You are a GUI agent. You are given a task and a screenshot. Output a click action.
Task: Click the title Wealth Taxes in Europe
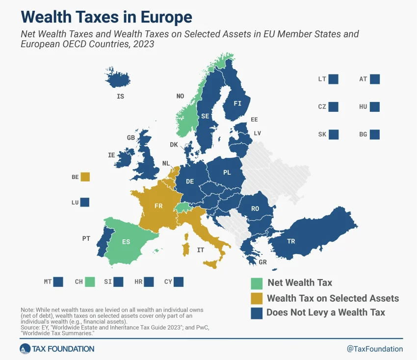pyautogui.click(x=106, y=17)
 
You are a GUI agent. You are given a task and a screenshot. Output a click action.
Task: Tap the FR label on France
pyautogui.click(x=158, y=206)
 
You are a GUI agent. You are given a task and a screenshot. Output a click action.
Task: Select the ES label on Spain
pyautogui.click(x=126, y=242)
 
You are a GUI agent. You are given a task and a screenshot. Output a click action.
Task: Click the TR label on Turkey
pyautogui.click(x=291, y=241)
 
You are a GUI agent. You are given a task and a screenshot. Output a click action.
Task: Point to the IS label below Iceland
pyautogui.click(x=120, y=97)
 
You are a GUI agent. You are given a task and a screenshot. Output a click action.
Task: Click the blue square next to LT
pyautogui.click(x=334, y=79)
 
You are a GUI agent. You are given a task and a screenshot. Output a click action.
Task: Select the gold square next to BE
pyautogui.click(x=85, y=177)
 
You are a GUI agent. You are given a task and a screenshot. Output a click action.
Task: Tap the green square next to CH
pyautogui.click(x=90, y=282)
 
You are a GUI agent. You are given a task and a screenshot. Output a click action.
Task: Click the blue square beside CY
pyautogui.click(x=179, y=282)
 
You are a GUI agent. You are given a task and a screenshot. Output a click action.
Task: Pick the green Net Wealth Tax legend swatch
pyautogui.click(x=256, y=283)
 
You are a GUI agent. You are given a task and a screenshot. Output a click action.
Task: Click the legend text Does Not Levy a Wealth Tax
pyautogui.click(x=326, y=312)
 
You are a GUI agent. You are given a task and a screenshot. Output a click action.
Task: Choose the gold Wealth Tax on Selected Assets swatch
pyautogui.click(x=256, y=298)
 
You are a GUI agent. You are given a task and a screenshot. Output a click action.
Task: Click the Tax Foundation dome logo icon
pyautogui.click(x=26, y=349)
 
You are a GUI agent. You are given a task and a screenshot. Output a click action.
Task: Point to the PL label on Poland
pyautogui.click(x=227, y=173)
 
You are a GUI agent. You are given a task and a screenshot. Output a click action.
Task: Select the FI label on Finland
pyautogui.click(x=237, y=103)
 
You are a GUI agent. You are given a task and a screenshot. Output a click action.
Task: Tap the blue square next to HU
pyautogui.click(x=375, y=106)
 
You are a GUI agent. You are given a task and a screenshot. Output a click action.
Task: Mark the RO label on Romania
pyautogui.click(x=255, y=209)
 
